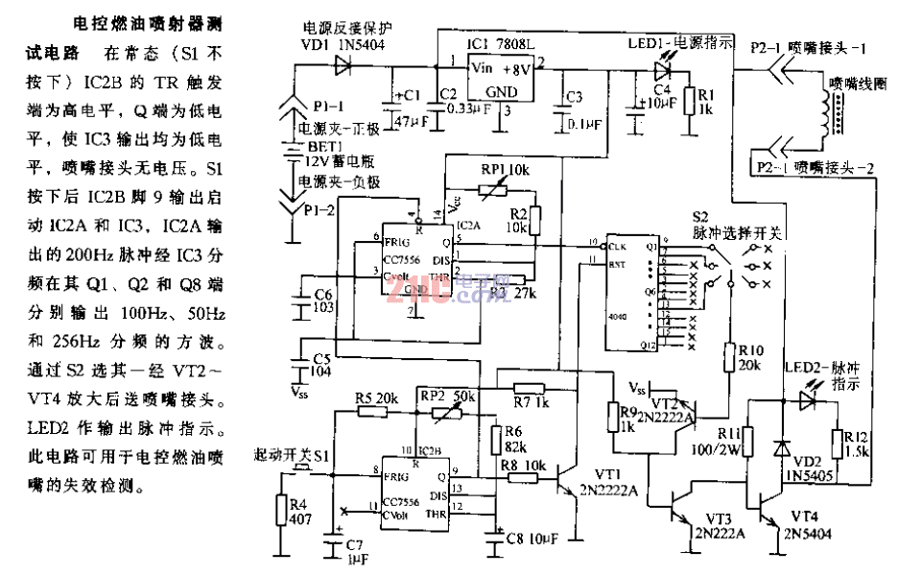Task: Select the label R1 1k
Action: pos(707,102)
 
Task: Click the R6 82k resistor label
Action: pos(514,443)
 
